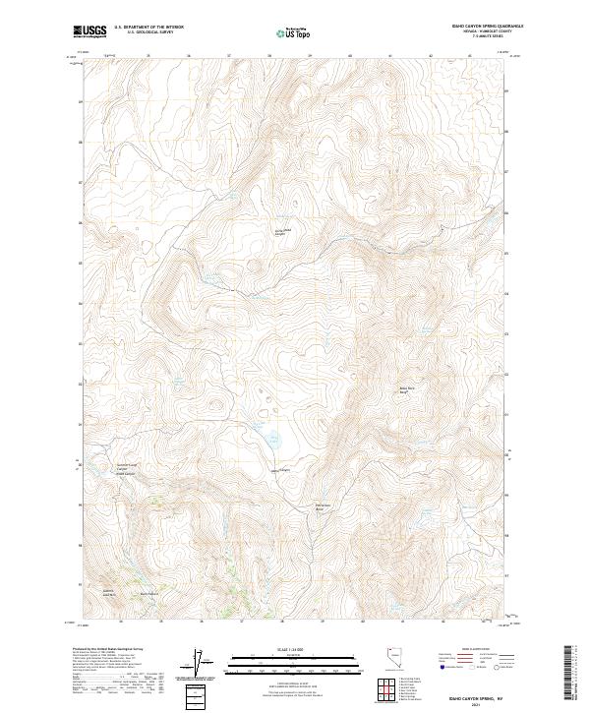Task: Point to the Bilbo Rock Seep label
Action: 407,390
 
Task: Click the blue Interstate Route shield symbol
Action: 443,668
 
